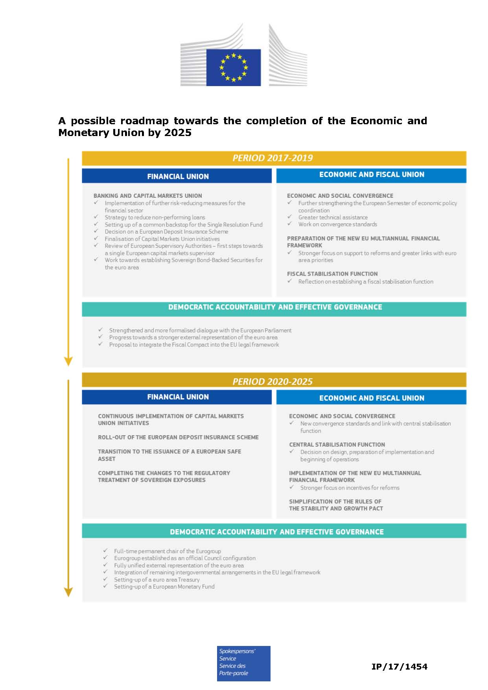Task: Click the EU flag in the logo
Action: coord(233,67)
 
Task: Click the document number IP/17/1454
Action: coord(399,666)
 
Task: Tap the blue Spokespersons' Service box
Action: coord(243,663)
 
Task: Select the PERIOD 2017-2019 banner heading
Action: coord(273,158)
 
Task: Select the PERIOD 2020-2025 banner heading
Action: coord(273,381)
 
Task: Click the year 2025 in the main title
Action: coord(178,132)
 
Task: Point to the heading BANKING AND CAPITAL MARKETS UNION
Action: coord(147,196)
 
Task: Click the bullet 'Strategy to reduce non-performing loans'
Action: coord(155,217)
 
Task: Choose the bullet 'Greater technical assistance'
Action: coord(333,217)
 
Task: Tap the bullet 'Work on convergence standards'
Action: coord(337,224)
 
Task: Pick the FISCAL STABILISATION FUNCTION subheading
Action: coord(332,274)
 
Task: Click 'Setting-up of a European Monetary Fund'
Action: coord(164,587)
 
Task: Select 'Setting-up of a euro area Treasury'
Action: coord(157,580)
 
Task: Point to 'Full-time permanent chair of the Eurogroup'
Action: coord(167,551)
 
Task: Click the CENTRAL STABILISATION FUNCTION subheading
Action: coord(337,445)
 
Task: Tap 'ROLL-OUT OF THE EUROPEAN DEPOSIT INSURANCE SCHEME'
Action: coord(178,438)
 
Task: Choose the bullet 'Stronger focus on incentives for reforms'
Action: coord(350,488)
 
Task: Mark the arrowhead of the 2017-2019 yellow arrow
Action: coord(68,361)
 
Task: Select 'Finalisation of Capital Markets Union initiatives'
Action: coord(162,239)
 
